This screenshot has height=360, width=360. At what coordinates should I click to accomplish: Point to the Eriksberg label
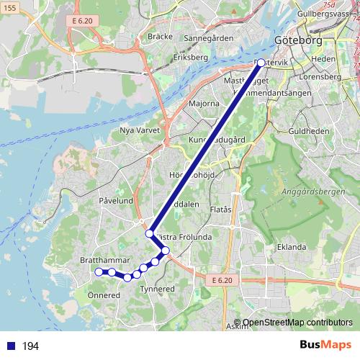(x=190, y=56)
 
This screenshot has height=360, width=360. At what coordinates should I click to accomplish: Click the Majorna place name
(x=204, y=104)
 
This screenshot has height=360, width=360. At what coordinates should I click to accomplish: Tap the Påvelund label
(x=117, y=201)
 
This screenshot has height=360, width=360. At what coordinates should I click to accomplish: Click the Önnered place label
(x=104, y=295)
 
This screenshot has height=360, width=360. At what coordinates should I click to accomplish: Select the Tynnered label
(x=157, y=289)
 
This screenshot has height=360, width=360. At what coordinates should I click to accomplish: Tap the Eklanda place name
(x=292, y=247)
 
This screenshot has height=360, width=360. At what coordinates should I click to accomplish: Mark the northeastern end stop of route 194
(x=261, y=63)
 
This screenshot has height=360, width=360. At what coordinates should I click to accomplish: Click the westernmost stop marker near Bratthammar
(x=99, y=271)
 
